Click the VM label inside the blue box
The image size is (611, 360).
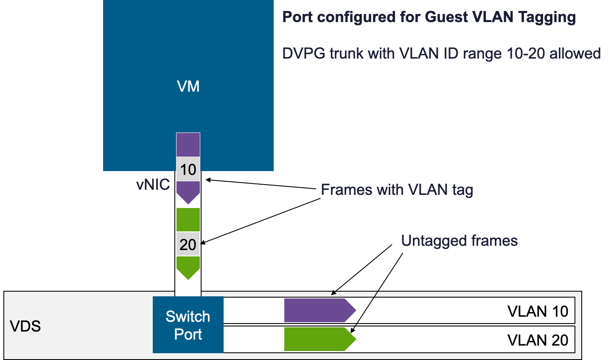coord(188,87)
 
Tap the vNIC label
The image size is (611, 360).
coord(153,185)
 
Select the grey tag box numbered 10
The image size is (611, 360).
coord(188,169)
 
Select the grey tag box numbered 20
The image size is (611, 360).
coord(188,245)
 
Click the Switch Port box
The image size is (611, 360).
coord(188,325)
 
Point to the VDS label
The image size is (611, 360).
coord(25,326)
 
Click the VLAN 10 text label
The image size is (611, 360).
coord(537,311)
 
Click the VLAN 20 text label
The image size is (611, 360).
coord(537,340)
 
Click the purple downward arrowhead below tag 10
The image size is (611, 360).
coord(188,192)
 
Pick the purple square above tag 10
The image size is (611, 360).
coord(188,145)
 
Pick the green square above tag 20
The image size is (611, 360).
coord(188,219)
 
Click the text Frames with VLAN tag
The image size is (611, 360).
coord(397,189)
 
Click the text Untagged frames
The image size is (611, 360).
coord(459,241)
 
